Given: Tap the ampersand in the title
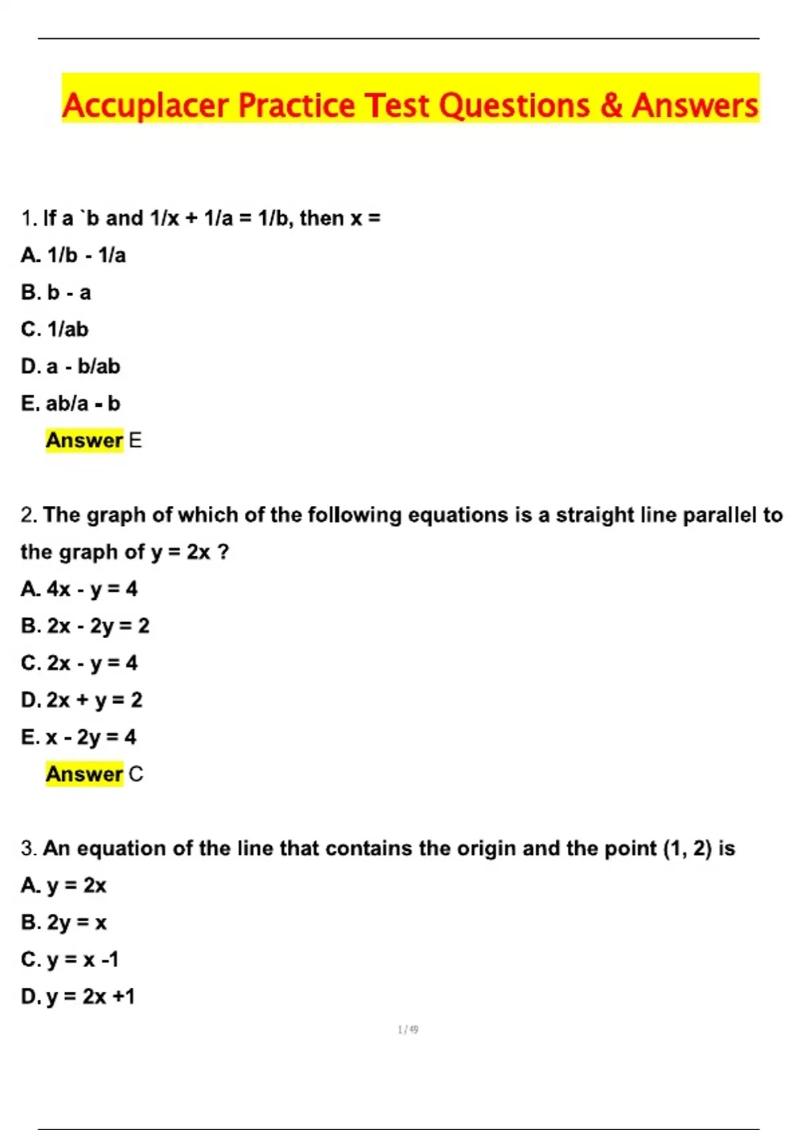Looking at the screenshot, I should click(x=610, y=106).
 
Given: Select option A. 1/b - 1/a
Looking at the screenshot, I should click(x=73, y=255).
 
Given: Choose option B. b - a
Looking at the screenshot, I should click(x=56, y=292).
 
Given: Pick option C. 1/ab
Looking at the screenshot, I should click(x=55, y=330).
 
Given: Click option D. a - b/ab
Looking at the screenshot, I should click(x=70, y=366).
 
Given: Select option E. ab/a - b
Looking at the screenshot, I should click(x=70, y=403).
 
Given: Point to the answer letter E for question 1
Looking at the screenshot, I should click(x=135, y=441).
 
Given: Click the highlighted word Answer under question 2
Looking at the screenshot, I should click(x=84, y=774).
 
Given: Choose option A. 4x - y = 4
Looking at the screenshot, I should click(x=79, y=589).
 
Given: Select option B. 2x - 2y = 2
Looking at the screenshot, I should click(x=85, y=626).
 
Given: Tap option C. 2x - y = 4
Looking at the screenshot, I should click(x=79, y=663).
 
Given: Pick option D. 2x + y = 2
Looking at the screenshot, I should click(x=82, y=700).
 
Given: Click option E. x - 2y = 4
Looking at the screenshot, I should click(x=78, y=737).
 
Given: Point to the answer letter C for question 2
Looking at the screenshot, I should click(x=136, y=774).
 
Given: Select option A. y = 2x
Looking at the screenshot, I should click(x=64, y=885).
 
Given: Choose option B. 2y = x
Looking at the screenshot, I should click(x=64, y=923).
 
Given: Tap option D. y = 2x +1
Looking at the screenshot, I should click(x=78, y=996).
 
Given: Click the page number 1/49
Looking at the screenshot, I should click(x=408, y=1030).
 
